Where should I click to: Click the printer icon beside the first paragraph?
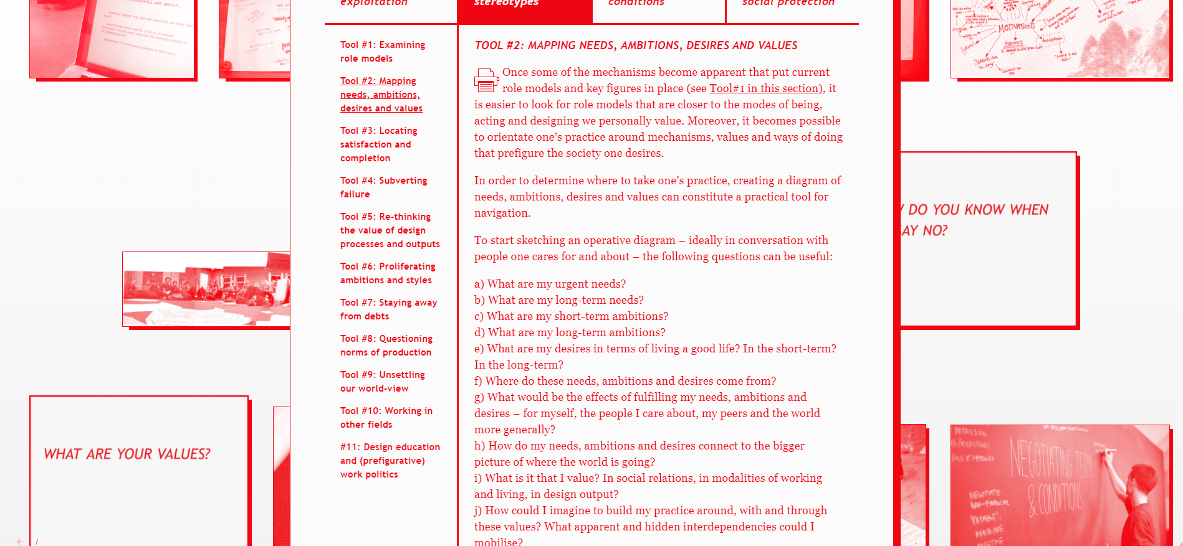486,80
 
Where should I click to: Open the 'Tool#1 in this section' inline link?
764,88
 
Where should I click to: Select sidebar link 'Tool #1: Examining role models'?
382,52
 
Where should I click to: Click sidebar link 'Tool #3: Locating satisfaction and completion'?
378,144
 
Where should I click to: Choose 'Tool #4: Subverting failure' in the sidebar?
383,187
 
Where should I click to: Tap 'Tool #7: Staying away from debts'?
388,309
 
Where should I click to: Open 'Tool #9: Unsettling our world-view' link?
382,382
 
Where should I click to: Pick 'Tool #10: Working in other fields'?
386,418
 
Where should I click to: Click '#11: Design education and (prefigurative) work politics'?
390,461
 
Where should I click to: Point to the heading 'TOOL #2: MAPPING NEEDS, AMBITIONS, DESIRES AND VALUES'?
636,45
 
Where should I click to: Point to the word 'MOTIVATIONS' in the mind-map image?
1016,27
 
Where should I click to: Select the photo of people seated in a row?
206,289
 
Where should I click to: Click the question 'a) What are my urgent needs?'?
550,284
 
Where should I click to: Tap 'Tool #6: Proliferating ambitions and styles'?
388,273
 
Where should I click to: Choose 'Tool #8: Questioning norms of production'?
386,346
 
